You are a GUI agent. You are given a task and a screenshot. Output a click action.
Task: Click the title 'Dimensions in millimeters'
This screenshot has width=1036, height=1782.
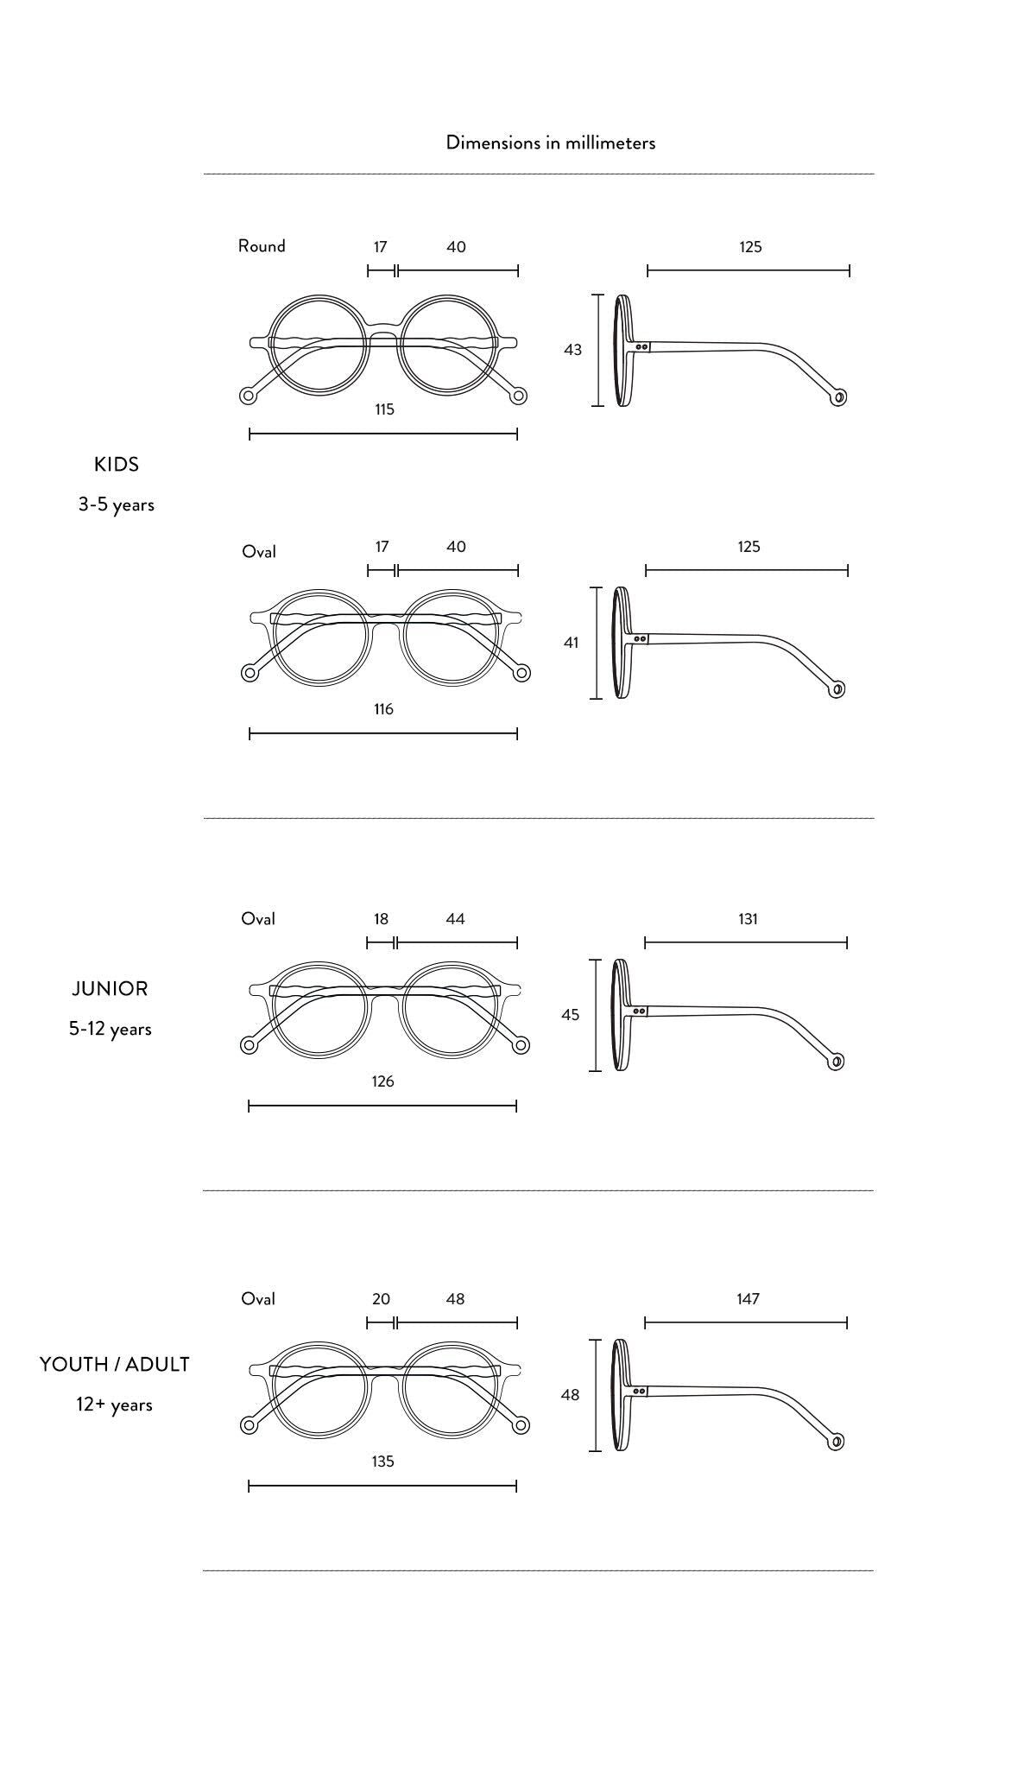[x=550, y=143]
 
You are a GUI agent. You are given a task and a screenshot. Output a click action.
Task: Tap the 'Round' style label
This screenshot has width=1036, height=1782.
[x=262, y=246]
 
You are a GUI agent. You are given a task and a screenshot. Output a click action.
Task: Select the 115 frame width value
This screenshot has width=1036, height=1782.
[x=384, y=409]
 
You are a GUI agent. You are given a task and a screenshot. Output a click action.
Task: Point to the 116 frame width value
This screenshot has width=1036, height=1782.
[x=383, y=709]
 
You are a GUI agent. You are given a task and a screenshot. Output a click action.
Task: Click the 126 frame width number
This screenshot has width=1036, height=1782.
[x=382, y=1081]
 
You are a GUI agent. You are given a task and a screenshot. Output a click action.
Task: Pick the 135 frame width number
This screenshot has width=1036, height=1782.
[x=382, y=1462]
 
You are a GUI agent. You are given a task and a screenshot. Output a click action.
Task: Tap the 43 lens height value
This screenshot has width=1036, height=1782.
[x=572, y=350]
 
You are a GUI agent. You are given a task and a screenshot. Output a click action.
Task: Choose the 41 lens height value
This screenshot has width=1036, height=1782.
[x=571, y=643]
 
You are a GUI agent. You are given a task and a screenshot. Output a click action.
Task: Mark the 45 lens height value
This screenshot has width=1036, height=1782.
[x=570, y=1015]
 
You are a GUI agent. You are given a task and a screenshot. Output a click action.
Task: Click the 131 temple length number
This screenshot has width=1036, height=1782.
[x=748, y=919]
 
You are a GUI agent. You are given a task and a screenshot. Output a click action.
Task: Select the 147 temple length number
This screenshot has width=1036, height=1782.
[x=748, y=1299]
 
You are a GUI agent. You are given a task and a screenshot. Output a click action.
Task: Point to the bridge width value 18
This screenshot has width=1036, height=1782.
[x=381, y=919]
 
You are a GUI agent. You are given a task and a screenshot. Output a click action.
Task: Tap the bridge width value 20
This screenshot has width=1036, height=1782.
[x=381, y=1299]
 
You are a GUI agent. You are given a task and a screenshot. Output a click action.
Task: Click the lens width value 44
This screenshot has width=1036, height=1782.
[x=455, y=919]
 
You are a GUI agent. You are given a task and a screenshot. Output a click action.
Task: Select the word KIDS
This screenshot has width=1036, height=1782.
[x=117, y=465]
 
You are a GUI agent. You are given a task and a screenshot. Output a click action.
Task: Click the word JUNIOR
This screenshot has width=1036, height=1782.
[x=110, y=989]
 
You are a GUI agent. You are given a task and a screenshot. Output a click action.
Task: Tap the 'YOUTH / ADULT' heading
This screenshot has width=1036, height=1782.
[x=114, y=1365]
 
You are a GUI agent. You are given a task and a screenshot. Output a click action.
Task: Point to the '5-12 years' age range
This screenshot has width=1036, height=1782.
[x=111, y=1029]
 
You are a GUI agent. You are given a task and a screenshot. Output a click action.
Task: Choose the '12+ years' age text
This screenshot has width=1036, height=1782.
[x=114, y=1405]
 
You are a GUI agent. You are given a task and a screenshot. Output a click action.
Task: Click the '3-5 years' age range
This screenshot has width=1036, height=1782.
[x=117, y=504]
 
